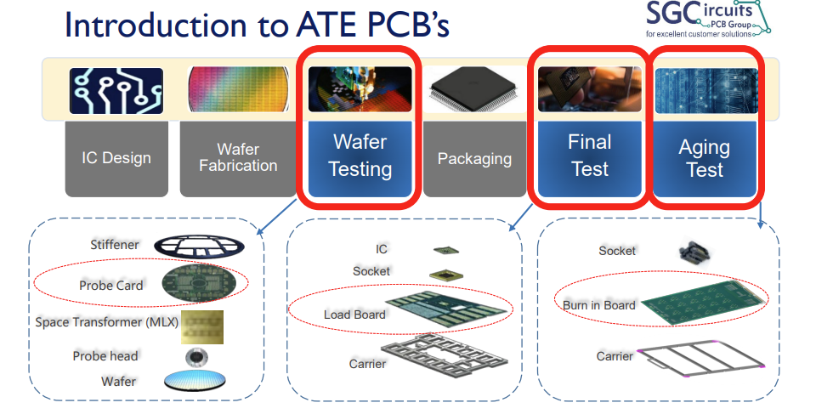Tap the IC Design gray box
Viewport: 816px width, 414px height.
(x=116, y=158)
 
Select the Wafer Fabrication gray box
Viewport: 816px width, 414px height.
(x=238, y=158)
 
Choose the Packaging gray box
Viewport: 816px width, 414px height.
(x=474, y=159)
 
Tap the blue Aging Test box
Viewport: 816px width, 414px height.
(x=705, y=158)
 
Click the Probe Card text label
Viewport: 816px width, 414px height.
(x=110, y=285)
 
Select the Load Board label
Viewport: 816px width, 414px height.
(x=354, y=315)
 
